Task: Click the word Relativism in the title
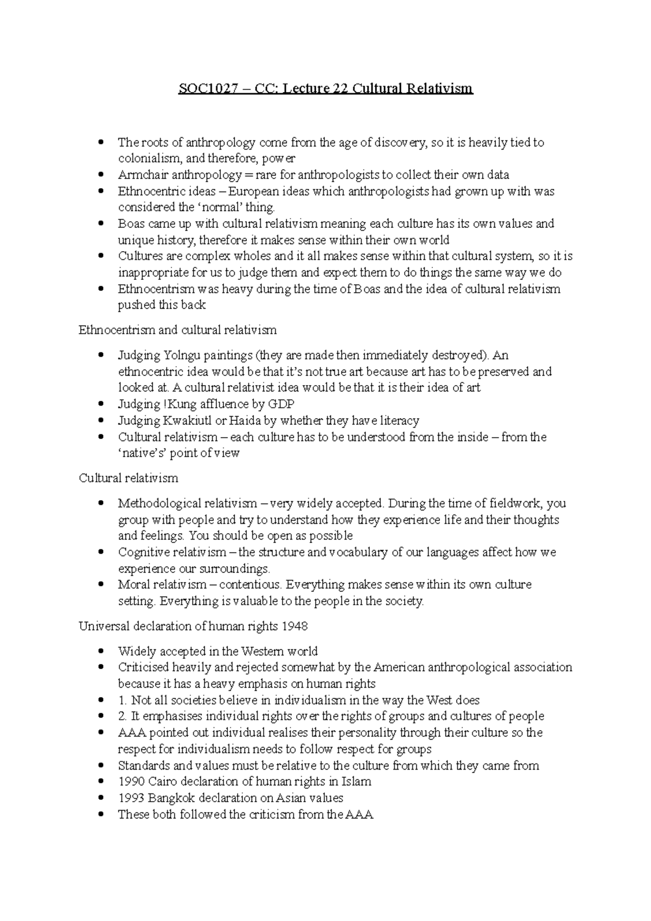click(442, 88)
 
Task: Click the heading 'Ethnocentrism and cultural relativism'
click(177, 330)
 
